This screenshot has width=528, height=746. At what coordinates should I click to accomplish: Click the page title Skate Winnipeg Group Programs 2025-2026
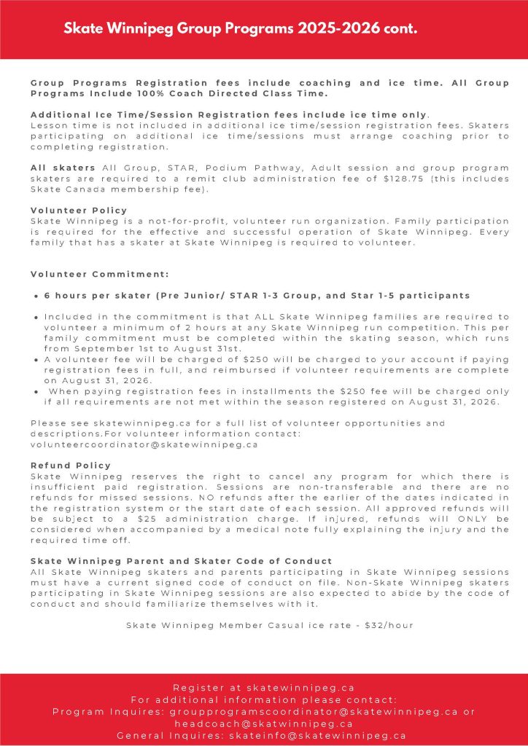click(240, 29)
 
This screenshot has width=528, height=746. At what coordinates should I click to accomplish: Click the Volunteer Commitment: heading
click(100, 274)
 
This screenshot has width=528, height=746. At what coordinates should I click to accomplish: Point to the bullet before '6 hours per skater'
click(36, 296)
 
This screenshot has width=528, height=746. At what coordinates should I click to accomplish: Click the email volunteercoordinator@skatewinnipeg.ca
click(144, 444)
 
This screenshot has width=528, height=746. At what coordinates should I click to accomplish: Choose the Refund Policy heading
click(71, 465)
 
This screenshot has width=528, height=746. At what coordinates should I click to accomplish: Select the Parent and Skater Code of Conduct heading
click(181, 561)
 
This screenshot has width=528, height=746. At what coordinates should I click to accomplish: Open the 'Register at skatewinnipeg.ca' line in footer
click(263, 687)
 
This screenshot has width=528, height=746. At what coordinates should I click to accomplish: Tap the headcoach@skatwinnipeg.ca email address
click(263, 723)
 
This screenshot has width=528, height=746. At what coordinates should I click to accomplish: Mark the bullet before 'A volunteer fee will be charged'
click(36, 359)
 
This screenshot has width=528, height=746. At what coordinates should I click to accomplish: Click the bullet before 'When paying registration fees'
click(36, 391)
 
